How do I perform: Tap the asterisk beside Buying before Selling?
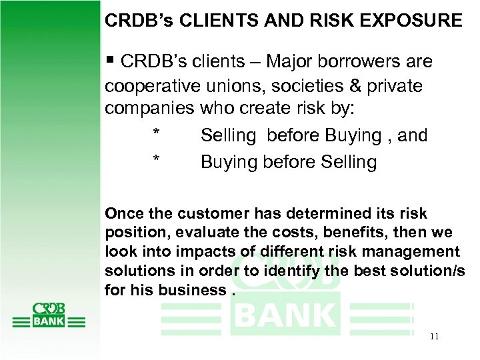coord(156,162)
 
